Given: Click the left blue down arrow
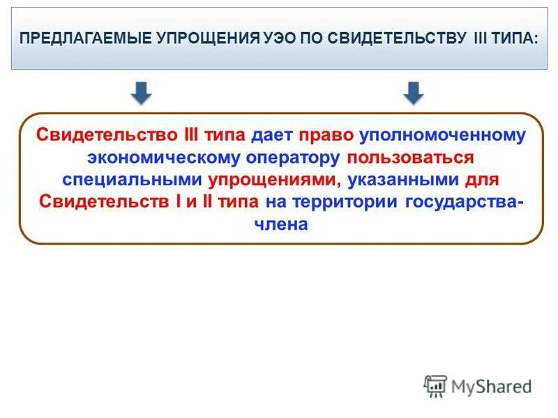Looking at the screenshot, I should (x=142, y=93).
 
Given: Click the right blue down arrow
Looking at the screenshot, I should (x=414, y=93).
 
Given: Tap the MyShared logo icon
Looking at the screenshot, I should (x=435, y=386).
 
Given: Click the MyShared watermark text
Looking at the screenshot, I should (x=491, y=386).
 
